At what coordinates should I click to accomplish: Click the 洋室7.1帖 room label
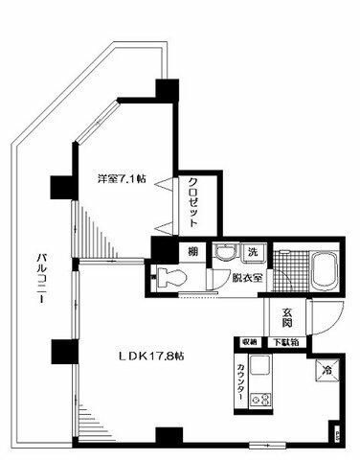click(119, 177)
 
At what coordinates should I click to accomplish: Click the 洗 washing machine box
click(253, 252)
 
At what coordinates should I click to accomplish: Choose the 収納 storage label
click(248, 341)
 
